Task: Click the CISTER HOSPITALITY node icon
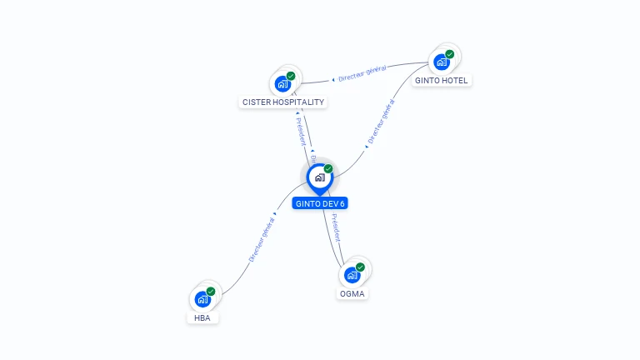[282, 83]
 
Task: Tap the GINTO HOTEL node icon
[441, 61]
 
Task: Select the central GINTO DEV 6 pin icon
[319, 177]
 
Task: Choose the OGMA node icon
[352, 274]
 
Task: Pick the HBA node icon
[202, 298]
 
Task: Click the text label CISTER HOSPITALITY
[282, 102]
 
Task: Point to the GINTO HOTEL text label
[442, 80]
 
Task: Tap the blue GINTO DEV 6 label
[320, 203]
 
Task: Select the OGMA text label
[352, 293]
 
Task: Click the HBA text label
[202, 317]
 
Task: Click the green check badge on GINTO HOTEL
[450, 54]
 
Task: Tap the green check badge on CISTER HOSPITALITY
[291, 76]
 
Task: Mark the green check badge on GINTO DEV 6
[328, 169]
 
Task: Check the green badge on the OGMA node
[361, 267]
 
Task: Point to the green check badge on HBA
[211, 292]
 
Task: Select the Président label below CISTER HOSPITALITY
[300, 130]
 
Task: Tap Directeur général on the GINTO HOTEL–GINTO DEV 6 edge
[381, 123]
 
